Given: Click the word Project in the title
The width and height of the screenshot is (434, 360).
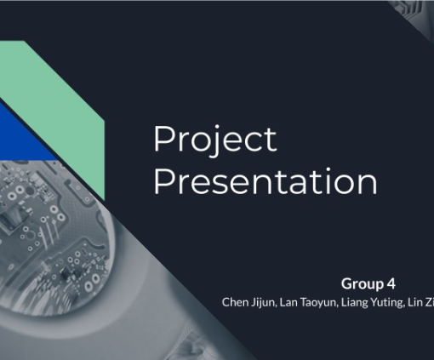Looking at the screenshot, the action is coord(215,140).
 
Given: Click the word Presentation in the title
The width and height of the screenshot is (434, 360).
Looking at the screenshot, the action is coord(266,181).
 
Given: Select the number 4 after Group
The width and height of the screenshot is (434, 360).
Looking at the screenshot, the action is coord(391,283).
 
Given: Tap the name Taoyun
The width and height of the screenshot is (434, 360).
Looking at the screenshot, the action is coord(319,303).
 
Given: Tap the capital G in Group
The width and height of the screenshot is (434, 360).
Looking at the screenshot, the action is coord(346,283).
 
